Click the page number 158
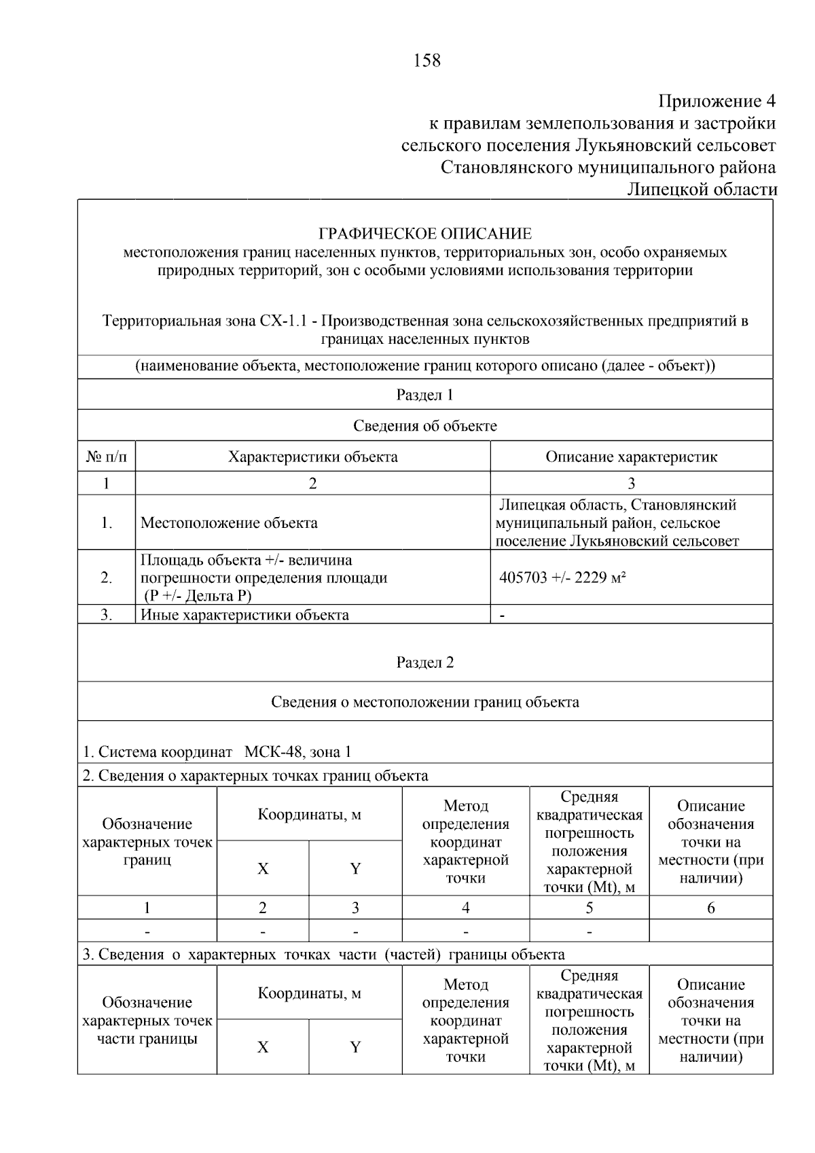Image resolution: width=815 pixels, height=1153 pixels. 427,61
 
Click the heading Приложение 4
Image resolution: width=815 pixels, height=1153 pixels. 717,102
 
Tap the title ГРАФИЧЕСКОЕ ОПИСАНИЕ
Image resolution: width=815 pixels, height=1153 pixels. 425,234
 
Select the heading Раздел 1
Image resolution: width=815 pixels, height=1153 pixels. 424,395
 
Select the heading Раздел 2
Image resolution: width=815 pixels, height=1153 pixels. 424,662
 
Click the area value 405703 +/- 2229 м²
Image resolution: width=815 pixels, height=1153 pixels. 562,578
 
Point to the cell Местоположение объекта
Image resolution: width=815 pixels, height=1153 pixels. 229,523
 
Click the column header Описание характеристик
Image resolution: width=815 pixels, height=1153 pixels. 631,457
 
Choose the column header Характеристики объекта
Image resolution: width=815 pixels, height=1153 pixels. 312,457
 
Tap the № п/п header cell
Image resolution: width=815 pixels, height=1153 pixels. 107,457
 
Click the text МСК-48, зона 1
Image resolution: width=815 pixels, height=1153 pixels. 297,752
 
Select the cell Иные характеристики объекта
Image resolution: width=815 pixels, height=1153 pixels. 244,615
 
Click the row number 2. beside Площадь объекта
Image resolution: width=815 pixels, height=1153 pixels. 107,578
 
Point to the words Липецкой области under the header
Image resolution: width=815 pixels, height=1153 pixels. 702,190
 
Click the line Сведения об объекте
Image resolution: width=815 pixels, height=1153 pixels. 424,426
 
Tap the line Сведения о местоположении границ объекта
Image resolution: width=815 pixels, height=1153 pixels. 424,702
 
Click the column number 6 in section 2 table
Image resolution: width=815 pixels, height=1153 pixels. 710,908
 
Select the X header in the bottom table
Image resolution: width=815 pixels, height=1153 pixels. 263,1047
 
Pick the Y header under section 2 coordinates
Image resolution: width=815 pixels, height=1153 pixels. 355,868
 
